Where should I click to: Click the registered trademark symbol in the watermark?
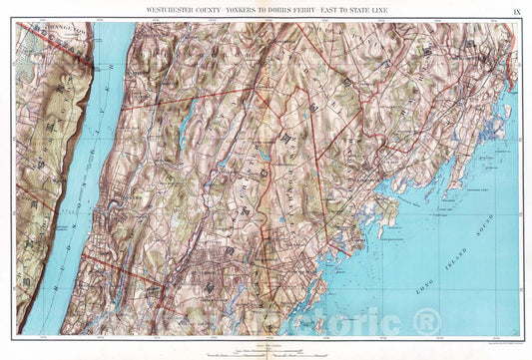[428, 322]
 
